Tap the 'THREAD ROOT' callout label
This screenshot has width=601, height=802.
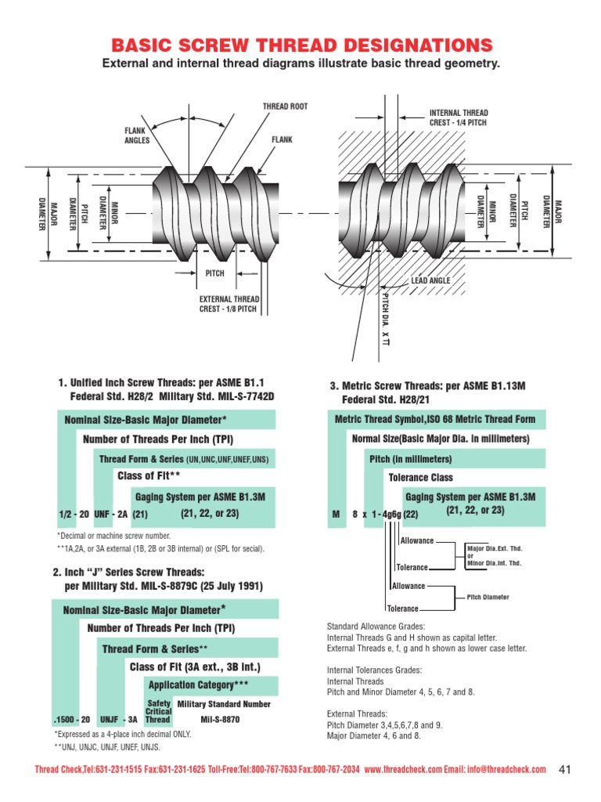click(285, 106)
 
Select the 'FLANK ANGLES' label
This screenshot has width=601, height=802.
click(137, 135)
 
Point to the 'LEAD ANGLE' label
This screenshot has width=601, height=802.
click(430, 280)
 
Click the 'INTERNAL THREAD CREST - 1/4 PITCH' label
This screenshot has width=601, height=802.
click(459, 117)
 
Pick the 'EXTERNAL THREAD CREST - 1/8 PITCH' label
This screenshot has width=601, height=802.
click(229, 303)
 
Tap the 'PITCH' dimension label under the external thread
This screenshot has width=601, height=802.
click(214, 273)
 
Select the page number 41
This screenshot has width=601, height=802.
click(567, 769)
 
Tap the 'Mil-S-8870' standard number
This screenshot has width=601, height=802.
click(220, 719)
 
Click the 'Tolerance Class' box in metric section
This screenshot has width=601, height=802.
click(420, 477)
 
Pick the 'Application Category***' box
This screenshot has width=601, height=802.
click(198, 685)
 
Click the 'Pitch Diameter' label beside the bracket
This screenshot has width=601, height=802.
click(488, 597)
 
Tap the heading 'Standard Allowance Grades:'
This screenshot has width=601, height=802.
click(376, 627)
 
